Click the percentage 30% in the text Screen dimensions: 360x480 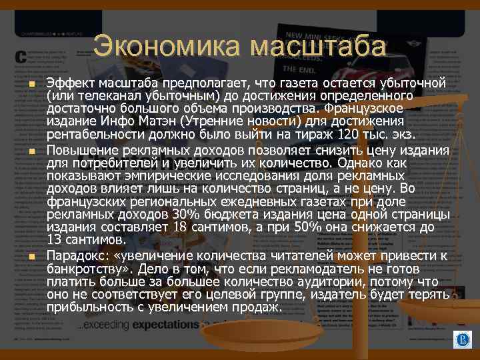185,215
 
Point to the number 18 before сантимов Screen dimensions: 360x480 181,227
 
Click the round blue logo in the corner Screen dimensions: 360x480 461,341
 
